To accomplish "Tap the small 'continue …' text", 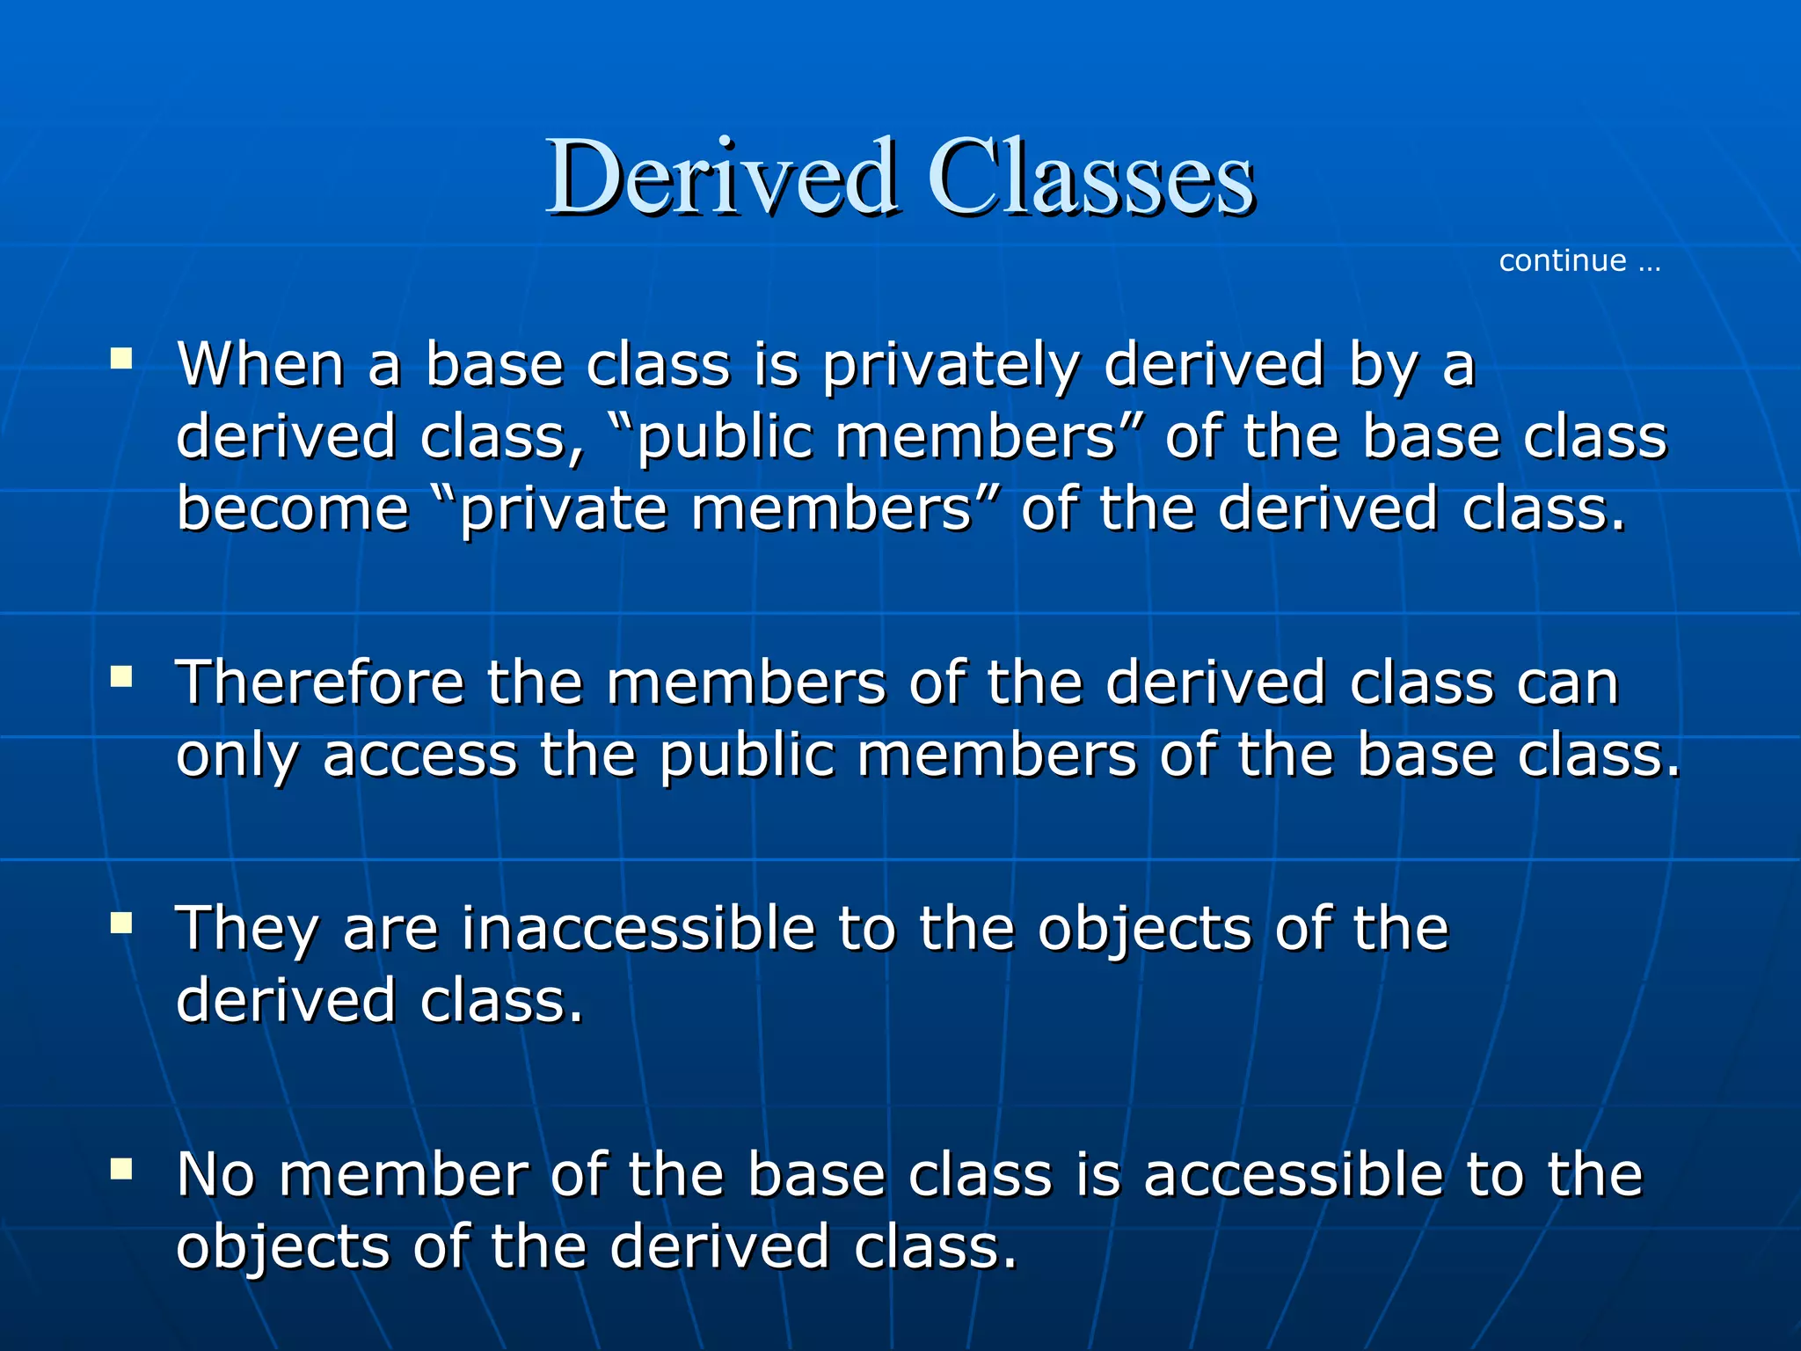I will [x=1579, y=261].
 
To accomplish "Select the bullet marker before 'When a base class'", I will [x=121, y=358].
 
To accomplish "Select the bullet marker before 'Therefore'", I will [x=121, y=676].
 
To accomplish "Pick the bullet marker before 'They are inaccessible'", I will [x=121, y=923].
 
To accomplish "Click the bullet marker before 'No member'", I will [x=121, y=1169].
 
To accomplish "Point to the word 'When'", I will [x=260, y=365].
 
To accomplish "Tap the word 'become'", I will [x=293, y=509].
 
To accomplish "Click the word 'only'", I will [x=237, y=757].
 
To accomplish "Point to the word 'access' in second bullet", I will [x=419, y=757].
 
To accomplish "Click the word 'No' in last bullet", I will [x=216, y=1175].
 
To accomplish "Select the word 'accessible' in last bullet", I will [x=1294, y=1175].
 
